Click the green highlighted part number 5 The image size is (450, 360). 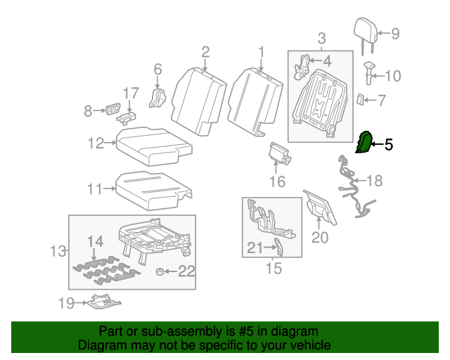tap(364, 143)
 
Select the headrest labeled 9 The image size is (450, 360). tap(364, 30)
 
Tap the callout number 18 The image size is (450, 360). tap(374, 181)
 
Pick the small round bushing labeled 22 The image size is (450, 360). tap(160, 272)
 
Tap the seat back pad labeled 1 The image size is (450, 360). tap(255, 98)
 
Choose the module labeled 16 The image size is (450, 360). tap(279, 153)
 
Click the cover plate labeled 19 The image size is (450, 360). tap(104, 302)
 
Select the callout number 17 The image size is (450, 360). tap(131, 94)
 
